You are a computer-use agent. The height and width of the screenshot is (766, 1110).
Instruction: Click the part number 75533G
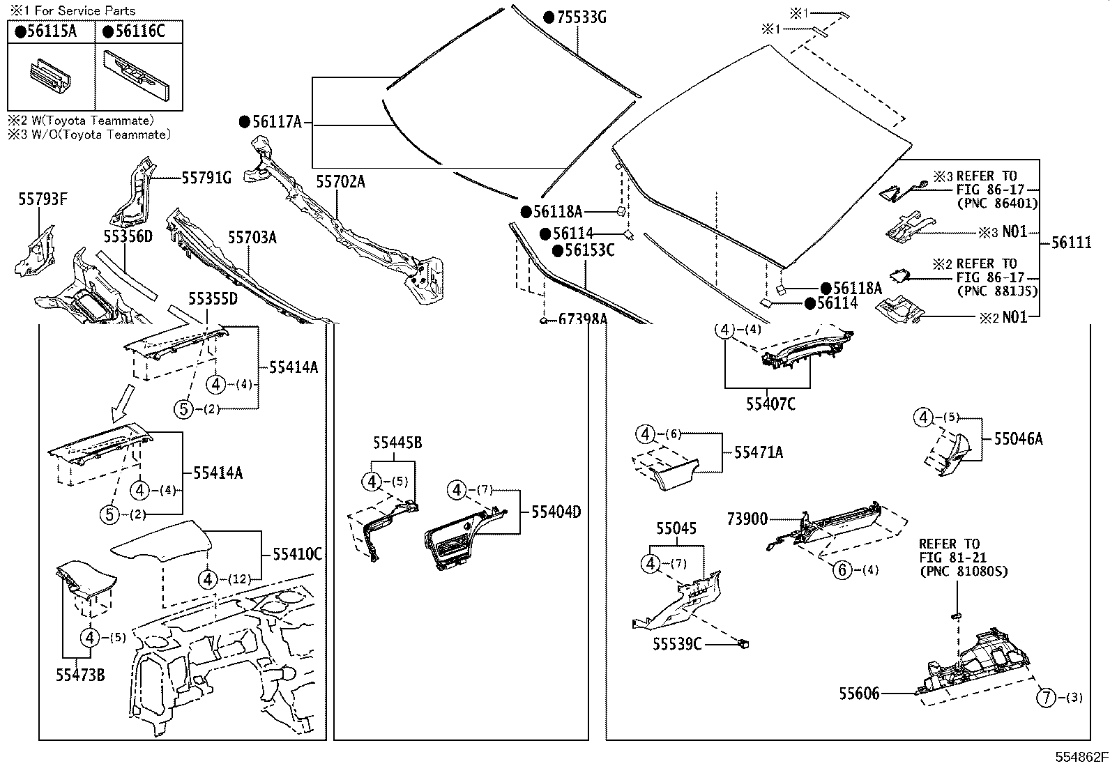(581, 17)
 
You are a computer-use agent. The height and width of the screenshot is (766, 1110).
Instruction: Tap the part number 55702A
(340, 182)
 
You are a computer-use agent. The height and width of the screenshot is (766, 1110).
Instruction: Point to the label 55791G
(206, 178)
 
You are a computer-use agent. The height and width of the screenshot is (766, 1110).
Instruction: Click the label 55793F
(43, 200)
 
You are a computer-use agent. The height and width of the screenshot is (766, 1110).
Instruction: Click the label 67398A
(583, 320)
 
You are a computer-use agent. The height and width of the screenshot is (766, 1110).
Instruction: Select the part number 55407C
(770, 404)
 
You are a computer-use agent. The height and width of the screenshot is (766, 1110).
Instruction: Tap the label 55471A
(758, 452)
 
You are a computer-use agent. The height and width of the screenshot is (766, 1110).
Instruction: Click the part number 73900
(747, 519)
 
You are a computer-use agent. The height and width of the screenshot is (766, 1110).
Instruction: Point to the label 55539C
(677, 644)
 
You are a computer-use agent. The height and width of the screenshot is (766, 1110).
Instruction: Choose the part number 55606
(859, 694)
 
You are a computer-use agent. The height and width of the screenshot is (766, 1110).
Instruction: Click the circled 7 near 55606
(1047, 697)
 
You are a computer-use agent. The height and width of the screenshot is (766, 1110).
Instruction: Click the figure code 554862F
(1080, 757)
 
